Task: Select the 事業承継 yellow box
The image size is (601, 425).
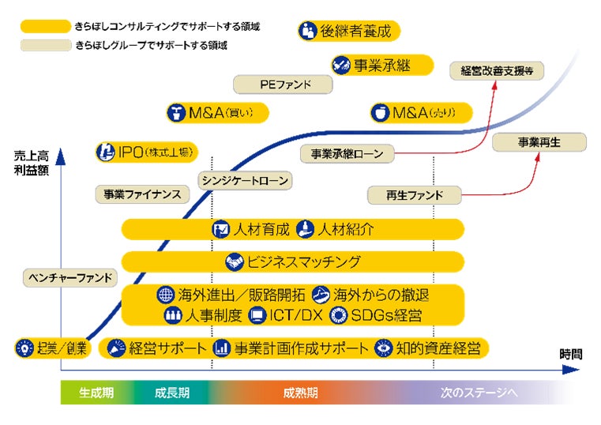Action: [x=382, y=65]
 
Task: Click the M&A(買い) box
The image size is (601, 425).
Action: [x=218, y=112]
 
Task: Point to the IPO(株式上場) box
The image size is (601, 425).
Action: [x=147, y=152]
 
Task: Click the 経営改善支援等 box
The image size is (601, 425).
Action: [x=498, y=70]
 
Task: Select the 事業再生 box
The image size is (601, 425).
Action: [x=539, y=143]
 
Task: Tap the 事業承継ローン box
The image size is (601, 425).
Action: [x=347, y=153]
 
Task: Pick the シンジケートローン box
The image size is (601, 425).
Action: [x=245, y=180]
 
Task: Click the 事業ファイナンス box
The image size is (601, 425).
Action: [x=143, y=194]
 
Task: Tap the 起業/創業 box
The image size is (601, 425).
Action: [x=53, y=348]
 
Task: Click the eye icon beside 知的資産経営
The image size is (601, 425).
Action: [x=385, y=348]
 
